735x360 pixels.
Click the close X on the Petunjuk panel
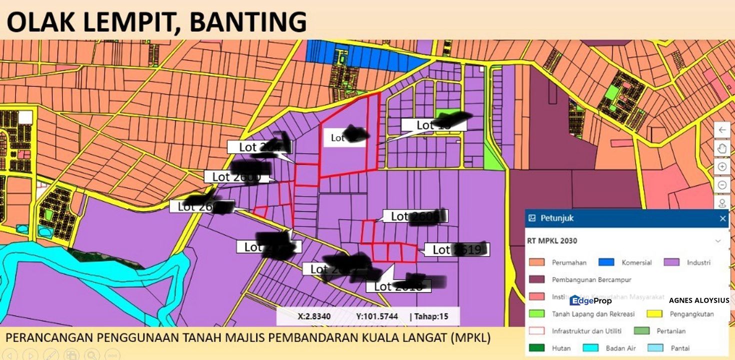tap(722, 218)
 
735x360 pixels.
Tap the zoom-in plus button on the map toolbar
tap(721, 166)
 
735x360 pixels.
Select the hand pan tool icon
tap(721, 148)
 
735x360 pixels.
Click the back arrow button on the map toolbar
tap(721, 130)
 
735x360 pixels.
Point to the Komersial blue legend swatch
tap(606, 262)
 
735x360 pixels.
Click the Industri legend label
tap(698, 262)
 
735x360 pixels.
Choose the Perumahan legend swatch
tap(536, 262)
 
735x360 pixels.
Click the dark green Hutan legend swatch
tap(536, 348)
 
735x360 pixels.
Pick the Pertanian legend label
tap(671, 331)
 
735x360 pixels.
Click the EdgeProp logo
tap(590, 300)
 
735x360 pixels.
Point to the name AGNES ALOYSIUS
tap(698, 300)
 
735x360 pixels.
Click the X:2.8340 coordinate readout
tap(314, 316)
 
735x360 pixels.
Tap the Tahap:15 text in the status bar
tap(428, 316)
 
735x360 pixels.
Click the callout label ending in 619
tap(456, 249)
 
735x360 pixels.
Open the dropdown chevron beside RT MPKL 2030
tap(718, 241)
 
